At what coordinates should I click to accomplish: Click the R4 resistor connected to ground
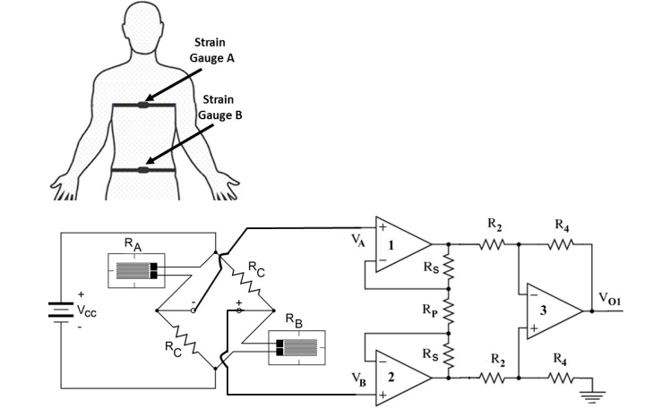click(x=558, y=377)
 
